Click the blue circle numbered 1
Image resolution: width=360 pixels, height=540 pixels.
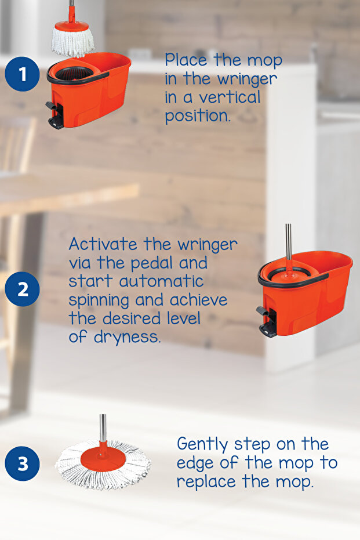(x=23, y=74)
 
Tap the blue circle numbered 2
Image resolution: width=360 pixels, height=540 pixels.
(x=23, y=289)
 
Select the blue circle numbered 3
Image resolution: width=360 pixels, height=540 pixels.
(x=23, y=463)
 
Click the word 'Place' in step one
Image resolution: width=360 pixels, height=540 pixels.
(x=186, y=60)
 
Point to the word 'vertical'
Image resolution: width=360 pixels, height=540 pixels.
(x=230, y=97)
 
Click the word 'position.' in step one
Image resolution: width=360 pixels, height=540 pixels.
(x=197, y=117)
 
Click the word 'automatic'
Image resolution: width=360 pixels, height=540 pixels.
(x=161, y=281)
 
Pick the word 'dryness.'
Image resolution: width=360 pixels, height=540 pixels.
(x=128, y=337)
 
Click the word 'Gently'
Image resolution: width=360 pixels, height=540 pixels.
(x=202, y=445)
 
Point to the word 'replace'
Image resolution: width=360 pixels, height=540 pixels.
(x=206, y=482)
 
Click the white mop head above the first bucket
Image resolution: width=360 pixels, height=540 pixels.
(x=72, y=42)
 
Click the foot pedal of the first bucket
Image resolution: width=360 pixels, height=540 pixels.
(x=55, y=115)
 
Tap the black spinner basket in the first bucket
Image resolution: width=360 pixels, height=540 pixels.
(x=74, y=73)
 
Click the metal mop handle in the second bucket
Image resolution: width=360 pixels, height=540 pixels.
(x=289, y=242)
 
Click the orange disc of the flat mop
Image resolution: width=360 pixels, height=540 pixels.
(x=103, y=459)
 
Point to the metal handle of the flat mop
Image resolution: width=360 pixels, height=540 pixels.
(x=103, y=427)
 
